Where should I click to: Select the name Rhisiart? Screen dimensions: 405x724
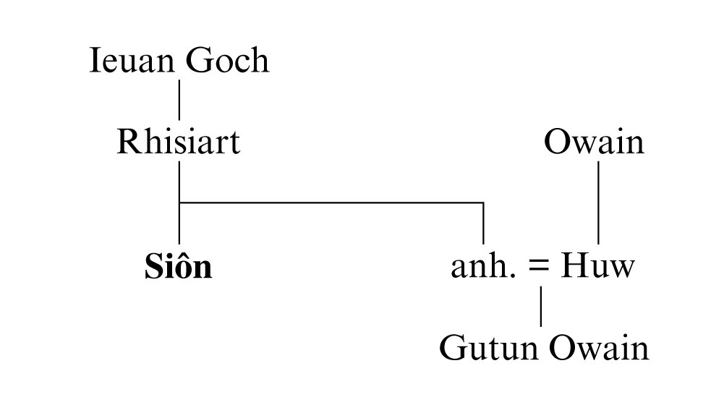[178, 142]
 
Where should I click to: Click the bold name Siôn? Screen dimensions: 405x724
[178, 267]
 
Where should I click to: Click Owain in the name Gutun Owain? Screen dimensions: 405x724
[598, 349]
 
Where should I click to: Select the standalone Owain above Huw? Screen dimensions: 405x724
[594, 142]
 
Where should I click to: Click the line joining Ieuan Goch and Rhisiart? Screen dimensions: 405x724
[179, 101]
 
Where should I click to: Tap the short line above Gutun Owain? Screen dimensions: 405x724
[542, 307]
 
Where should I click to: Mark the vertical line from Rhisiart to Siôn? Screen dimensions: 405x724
[179, 224]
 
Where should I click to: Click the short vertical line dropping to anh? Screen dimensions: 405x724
[483, 224]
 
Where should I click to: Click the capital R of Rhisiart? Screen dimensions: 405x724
[127, 142]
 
